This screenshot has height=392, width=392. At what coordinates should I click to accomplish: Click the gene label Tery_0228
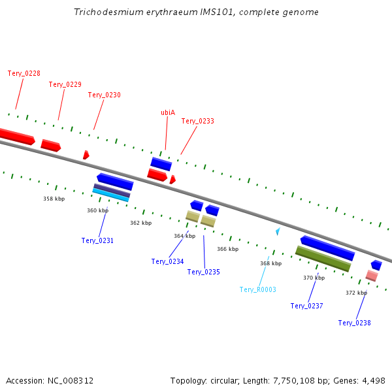point(24,73)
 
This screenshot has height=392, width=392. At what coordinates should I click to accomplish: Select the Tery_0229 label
point(65,84)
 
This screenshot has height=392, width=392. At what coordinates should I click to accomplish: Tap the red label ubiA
point(168,112)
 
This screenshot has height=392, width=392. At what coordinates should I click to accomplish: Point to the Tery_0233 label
point(197,121)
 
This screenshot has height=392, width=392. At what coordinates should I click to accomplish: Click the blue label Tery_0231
point(97,240)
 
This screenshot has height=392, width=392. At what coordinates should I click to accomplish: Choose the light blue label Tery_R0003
point(257,289)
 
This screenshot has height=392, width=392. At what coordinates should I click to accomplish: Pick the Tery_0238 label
point(354,323)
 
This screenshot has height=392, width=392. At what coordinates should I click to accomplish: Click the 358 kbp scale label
point(54,199)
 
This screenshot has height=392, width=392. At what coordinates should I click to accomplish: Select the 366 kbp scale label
point(228,249)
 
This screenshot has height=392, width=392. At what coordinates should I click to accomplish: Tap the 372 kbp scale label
point(356,293)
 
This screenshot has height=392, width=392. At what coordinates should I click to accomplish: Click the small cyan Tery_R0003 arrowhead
point(278,231)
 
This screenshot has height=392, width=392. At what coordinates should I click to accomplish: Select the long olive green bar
point(323,259)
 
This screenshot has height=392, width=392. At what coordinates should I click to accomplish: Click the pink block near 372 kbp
point(372,276)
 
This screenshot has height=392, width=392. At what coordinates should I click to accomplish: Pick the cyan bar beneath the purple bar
point(111,195)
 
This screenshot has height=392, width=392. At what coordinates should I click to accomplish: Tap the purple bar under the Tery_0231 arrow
point(112,191)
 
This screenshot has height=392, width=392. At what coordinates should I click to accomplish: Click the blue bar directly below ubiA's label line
point(161,164)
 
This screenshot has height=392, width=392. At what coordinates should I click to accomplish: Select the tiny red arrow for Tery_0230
point(86,155)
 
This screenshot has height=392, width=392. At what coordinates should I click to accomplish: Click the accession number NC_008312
point(71,381)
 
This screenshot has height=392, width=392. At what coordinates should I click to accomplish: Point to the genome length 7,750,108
point(294,381)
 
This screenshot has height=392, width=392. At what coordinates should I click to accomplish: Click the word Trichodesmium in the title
point(108,12)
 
